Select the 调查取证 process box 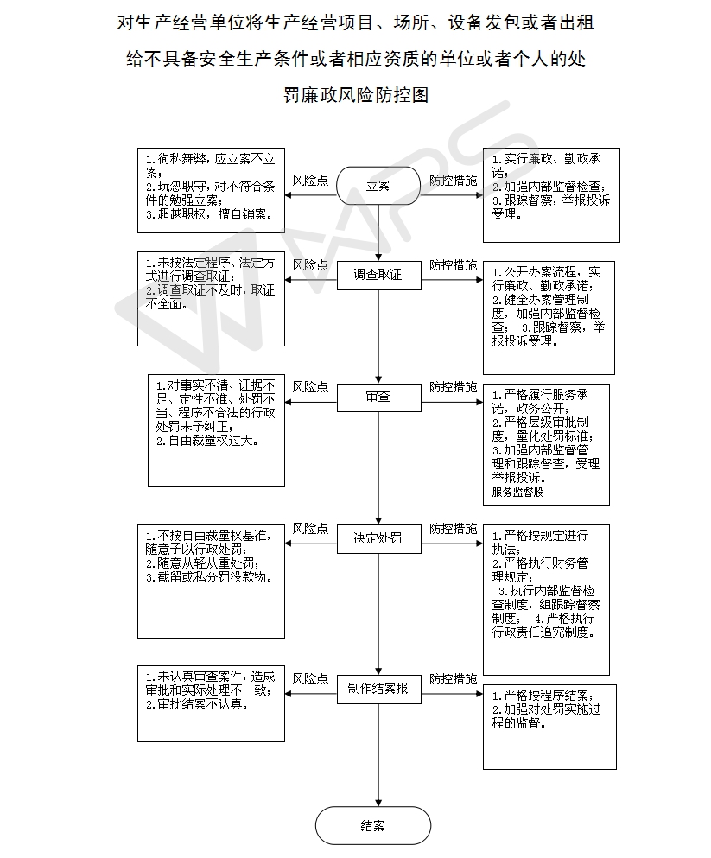(378, 275)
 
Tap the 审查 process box (378, 397)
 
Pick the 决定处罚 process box (378, 538)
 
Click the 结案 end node (372, 825)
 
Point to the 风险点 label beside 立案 (310, 181)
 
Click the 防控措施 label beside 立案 (453, 181)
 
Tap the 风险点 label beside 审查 (310, 386)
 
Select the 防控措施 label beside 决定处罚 (453, 528)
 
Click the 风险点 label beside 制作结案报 (310, 678)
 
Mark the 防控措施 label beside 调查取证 (453, 264)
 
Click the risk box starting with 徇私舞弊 (212, 190)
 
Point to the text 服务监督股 (518, 493)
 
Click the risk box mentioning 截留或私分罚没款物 (212, 581)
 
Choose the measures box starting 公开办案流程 (549, 317)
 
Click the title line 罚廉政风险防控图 (356, 95)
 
